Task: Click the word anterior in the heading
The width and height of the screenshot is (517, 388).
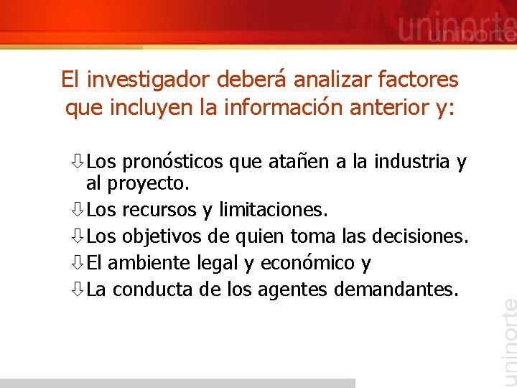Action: coord(375,108)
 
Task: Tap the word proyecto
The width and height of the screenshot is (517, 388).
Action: coord(148,184)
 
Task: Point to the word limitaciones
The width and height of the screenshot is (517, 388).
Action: coord(273,210)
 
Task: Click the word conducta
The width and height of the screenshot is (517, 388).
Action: coord(146,290)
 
